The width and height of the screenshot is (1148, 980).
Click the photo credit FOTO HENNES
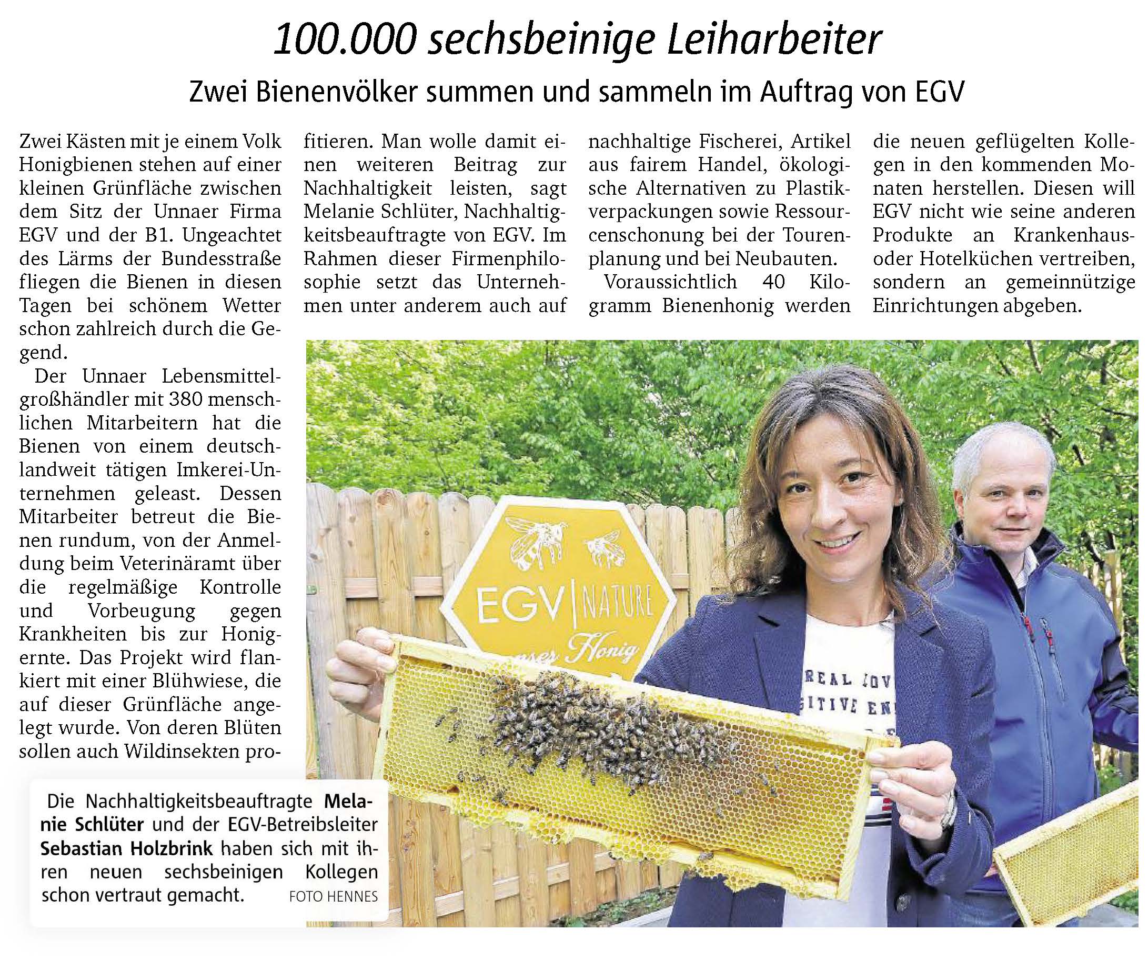click(x=334, y=896)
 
